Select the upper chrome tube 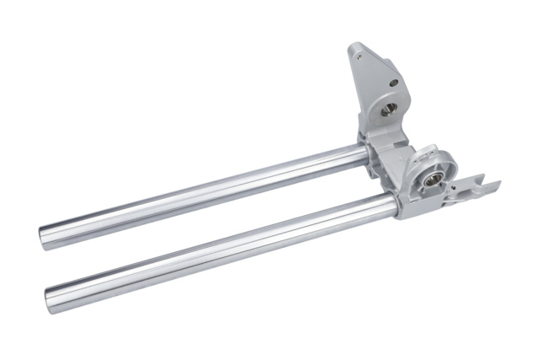[202, 190]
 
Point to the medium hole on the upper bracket [392, 83]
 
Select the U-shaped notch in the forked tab [483, 186]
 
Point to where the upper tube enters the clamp [365, 154]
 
